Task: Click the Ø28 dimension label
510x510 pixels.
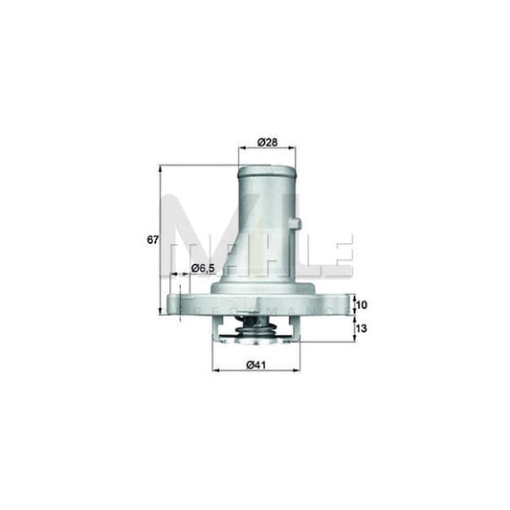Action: (267, 143)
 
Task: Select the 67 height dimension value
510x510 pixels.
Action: (152, 239)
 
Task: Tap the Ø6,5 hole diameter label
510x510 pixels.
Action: (201, 268)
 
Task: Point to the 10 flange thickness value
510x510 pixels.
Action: (361, 305)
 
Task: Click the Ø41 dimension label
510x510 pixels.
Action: (255, 363)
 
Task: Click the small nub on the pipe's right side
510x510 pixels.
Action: (297, 226)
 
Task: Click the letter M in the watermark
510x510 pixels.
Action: (201, 230)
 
